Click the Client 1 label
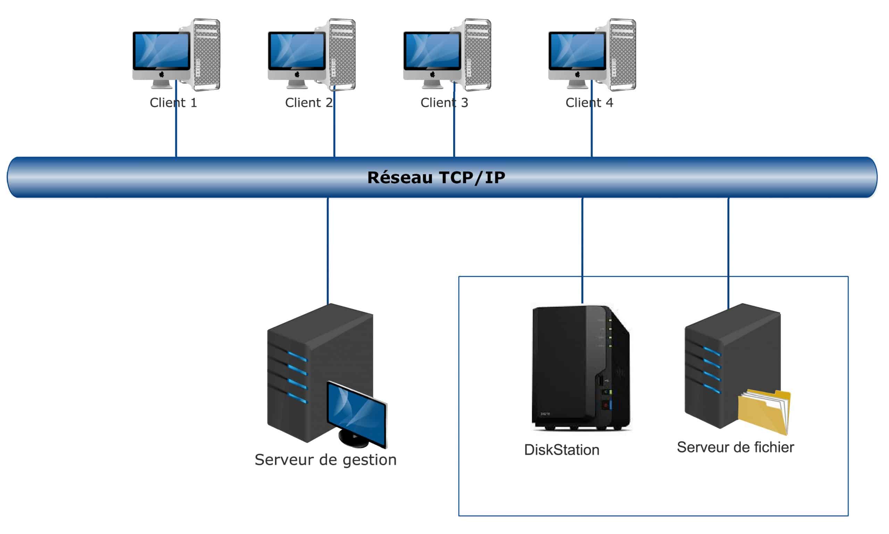tap(173, 103)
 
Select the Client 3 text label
tap(444, 103)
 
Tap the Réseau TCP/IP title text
tap(436, 177)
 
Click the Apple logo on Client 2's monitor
tap(297, 75)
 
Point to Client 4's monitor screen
tap(577, 50)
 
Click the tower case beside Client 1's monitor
tap(206, 54)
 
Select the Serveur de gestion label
tap(325, 460)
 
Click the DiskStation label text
tap(561, 450)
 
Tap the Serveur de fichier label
tap(735, 447)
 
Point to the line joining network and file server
tap(728, 252)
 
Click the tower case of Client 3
tap(477, 54)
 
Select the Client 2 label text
tap(309, 103)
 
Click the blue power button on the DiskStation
tap(611, 405)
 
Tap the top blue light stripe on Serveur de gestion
tap(297, 357)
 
